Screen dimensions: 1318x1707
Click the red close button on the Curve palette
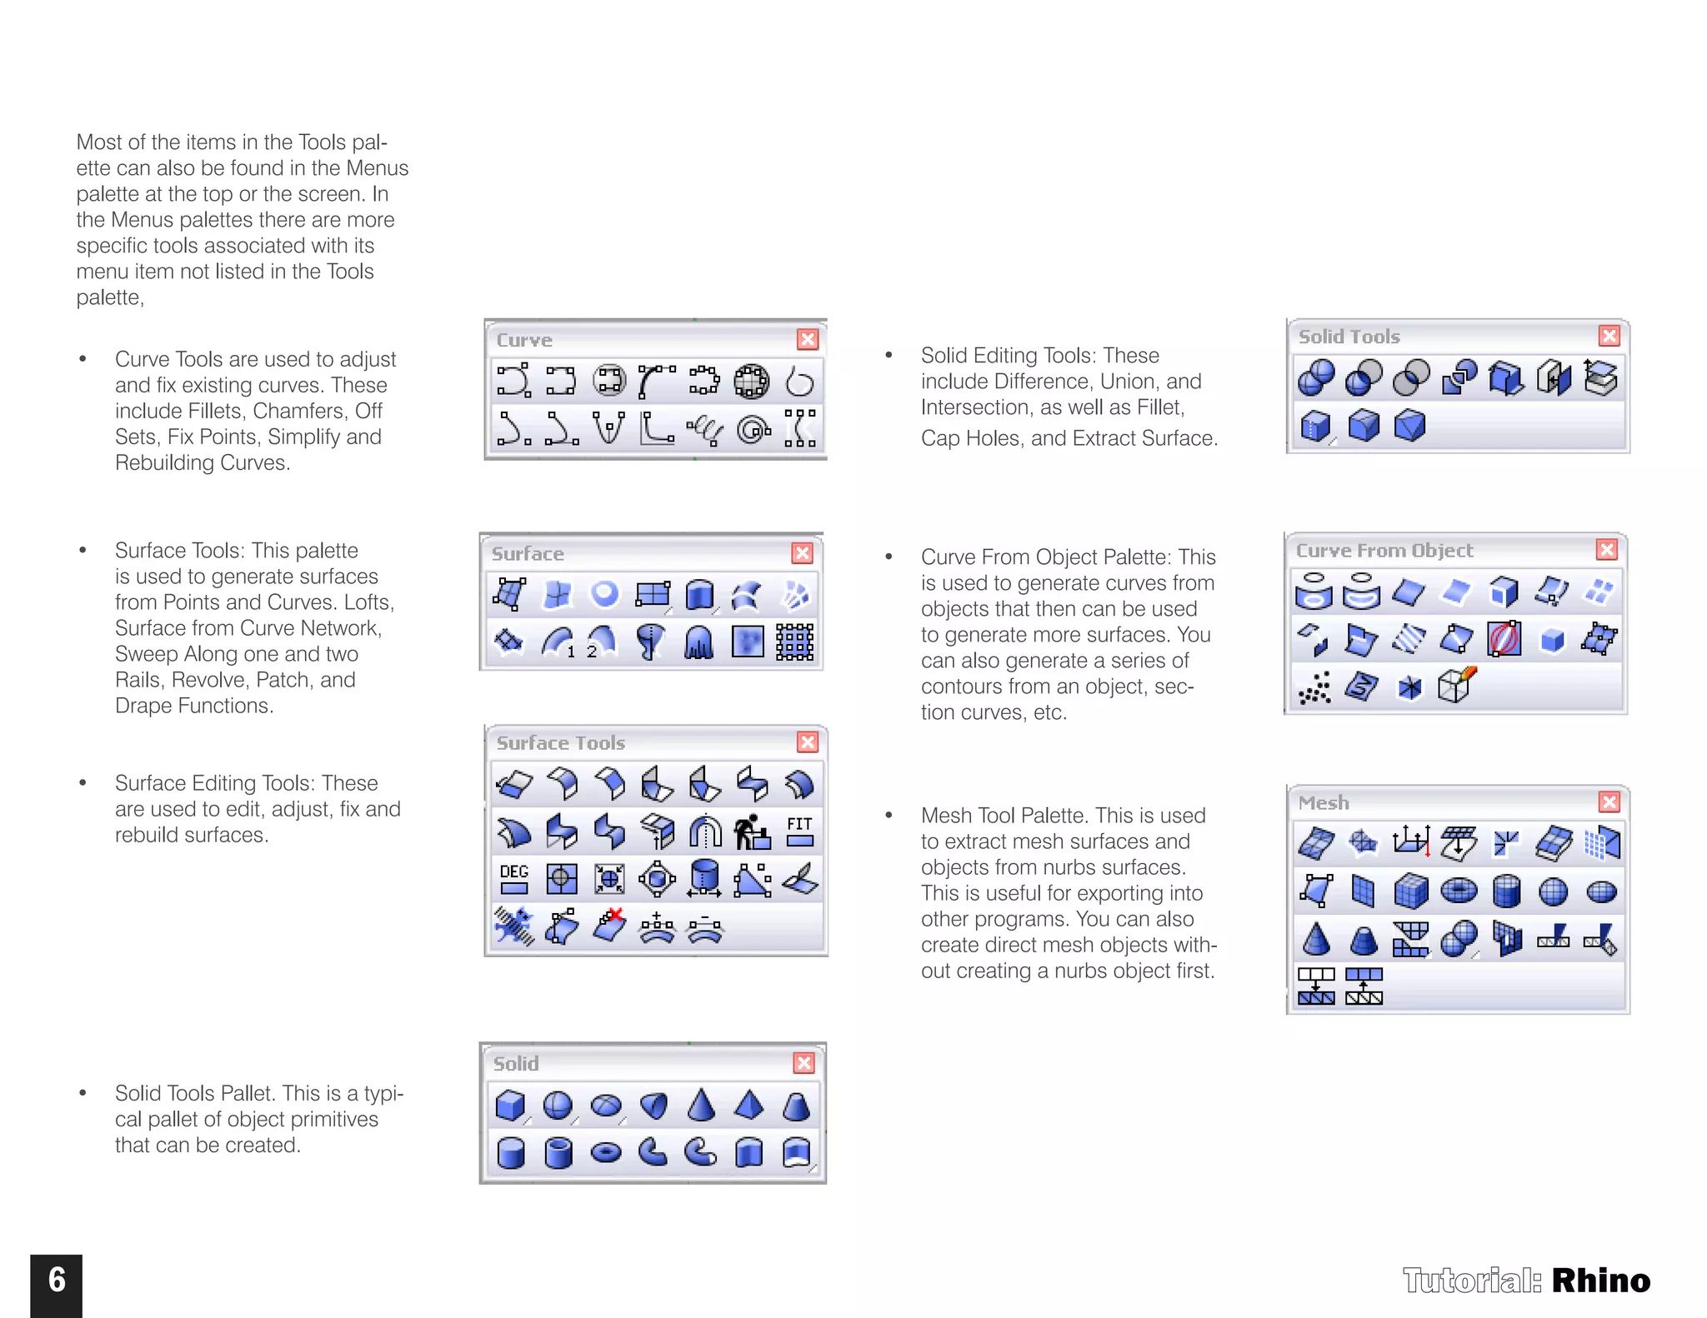coord(807,339)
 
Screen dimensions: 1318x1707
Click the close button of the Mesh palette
coord(1609,801)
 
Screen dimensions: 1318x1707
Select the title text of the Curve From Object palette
coord(1384,551)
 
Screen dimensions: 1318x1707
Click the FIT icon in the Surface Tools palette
coord(799,831)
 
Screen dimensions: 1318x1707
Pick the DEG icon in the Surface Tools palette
coord(514,878)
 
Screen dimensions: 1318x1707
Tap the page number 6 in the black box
coord(57,1280)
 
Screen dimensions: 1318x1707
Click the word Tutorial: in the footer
coord(1472,1281)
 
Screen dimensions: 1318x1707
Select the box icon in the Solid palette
coord(510,1106)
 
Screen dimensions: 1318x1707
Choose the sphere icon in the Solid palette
coord(558,1106)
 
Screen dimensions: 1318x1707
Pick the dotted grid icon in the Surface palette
coord(794,642)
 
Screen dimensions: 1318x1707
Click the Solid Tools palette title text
coord(1349,337)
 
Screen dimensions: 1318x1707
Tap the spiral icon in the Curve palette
coord(753,429)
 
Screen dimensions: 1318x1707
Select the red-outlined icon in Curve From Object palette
coord(1504,640)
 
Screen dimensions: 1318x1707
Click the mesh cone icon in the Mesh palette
coord(1316,939)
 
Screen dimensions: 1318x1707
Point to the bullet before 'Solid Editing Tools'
coord(889,356)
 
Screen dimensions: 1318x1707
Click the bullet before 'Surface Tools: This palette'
coord(83,551)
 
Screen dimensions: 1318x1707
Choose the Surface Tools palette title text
coord(560,742)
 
